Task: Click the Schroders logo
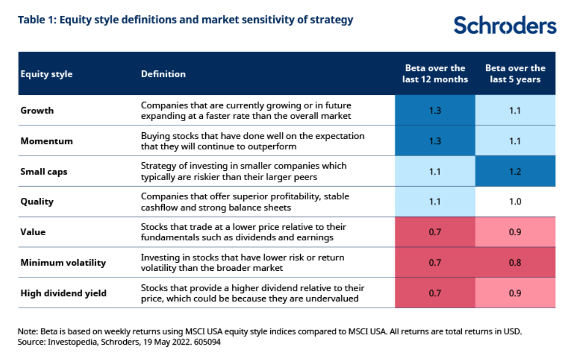click(x=504, y=25)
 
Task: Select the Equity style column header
click(x=46, y=74)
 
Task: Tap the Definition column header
click(x=163, y=74)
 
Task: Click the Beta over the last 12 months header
click(x=435, y=74)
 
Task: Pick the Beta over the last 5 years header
click(x=515, y=74)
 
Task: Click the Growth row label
click(x=37, y=111)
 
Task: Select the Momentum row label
click(x=47, y=141)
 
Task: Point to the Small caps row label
click(x=44, y=171)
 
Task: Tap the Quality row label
click(x=37, y=201)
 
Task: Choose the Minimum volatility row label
click(x=63, y=263)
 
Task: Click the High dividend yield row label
click(x=63, y=293)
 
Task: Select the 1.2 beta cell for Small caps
click(x=515, y=171)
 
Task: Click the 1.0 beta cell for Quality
click(x=515, y=201)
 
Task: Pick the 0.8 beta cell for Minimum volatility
click(x=515, y=263)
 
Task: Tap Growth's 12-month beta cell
click(x=435, y=111)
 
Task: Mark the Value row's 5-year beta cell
click(x=515, y=232)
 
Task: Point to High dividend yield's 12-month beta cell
click(x=435, y=293)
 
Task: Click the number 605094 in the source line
click(x=208, y=342)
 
